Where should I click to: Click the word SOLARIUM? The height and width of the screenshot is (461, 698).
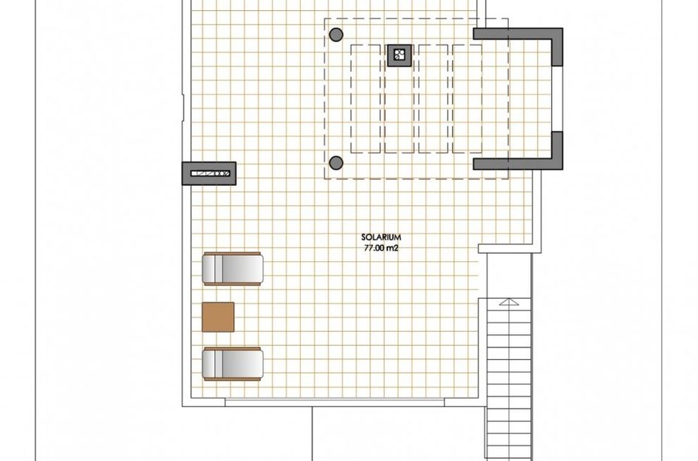pos(381,238)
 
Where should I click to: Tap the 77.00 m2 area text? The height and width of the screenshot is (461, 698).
pos(381,248)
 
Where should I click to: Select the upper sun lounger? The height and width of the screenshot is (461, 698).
pos(233,268)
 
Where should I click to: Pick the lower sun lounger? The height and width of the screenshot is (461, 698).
pos(233,364)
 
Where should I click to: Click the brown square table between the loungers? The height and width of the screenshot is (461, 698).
pos(218,317)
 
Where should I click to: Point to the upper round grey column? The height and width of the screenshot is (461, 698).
pos(336,34)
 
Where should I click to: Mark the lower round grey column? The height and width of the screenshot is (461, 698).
pos(336,163)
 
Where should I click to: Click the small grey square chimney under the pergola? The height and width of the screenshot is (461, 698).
pos(399,55)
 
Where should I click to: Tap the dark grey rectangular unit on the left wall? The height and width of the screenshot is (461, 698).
pos(208,173)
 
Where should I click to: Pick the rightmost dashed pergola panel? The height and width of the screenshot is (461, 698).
pos(468,98)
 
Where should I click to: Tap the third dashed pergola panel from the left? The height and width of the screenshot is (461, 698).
pos(434,98)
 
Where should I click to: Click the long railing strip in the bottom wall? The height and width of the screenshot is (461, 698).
pos(335,402)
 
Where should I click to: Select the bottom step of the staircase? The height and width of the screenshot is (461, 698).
pos(509,454)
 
